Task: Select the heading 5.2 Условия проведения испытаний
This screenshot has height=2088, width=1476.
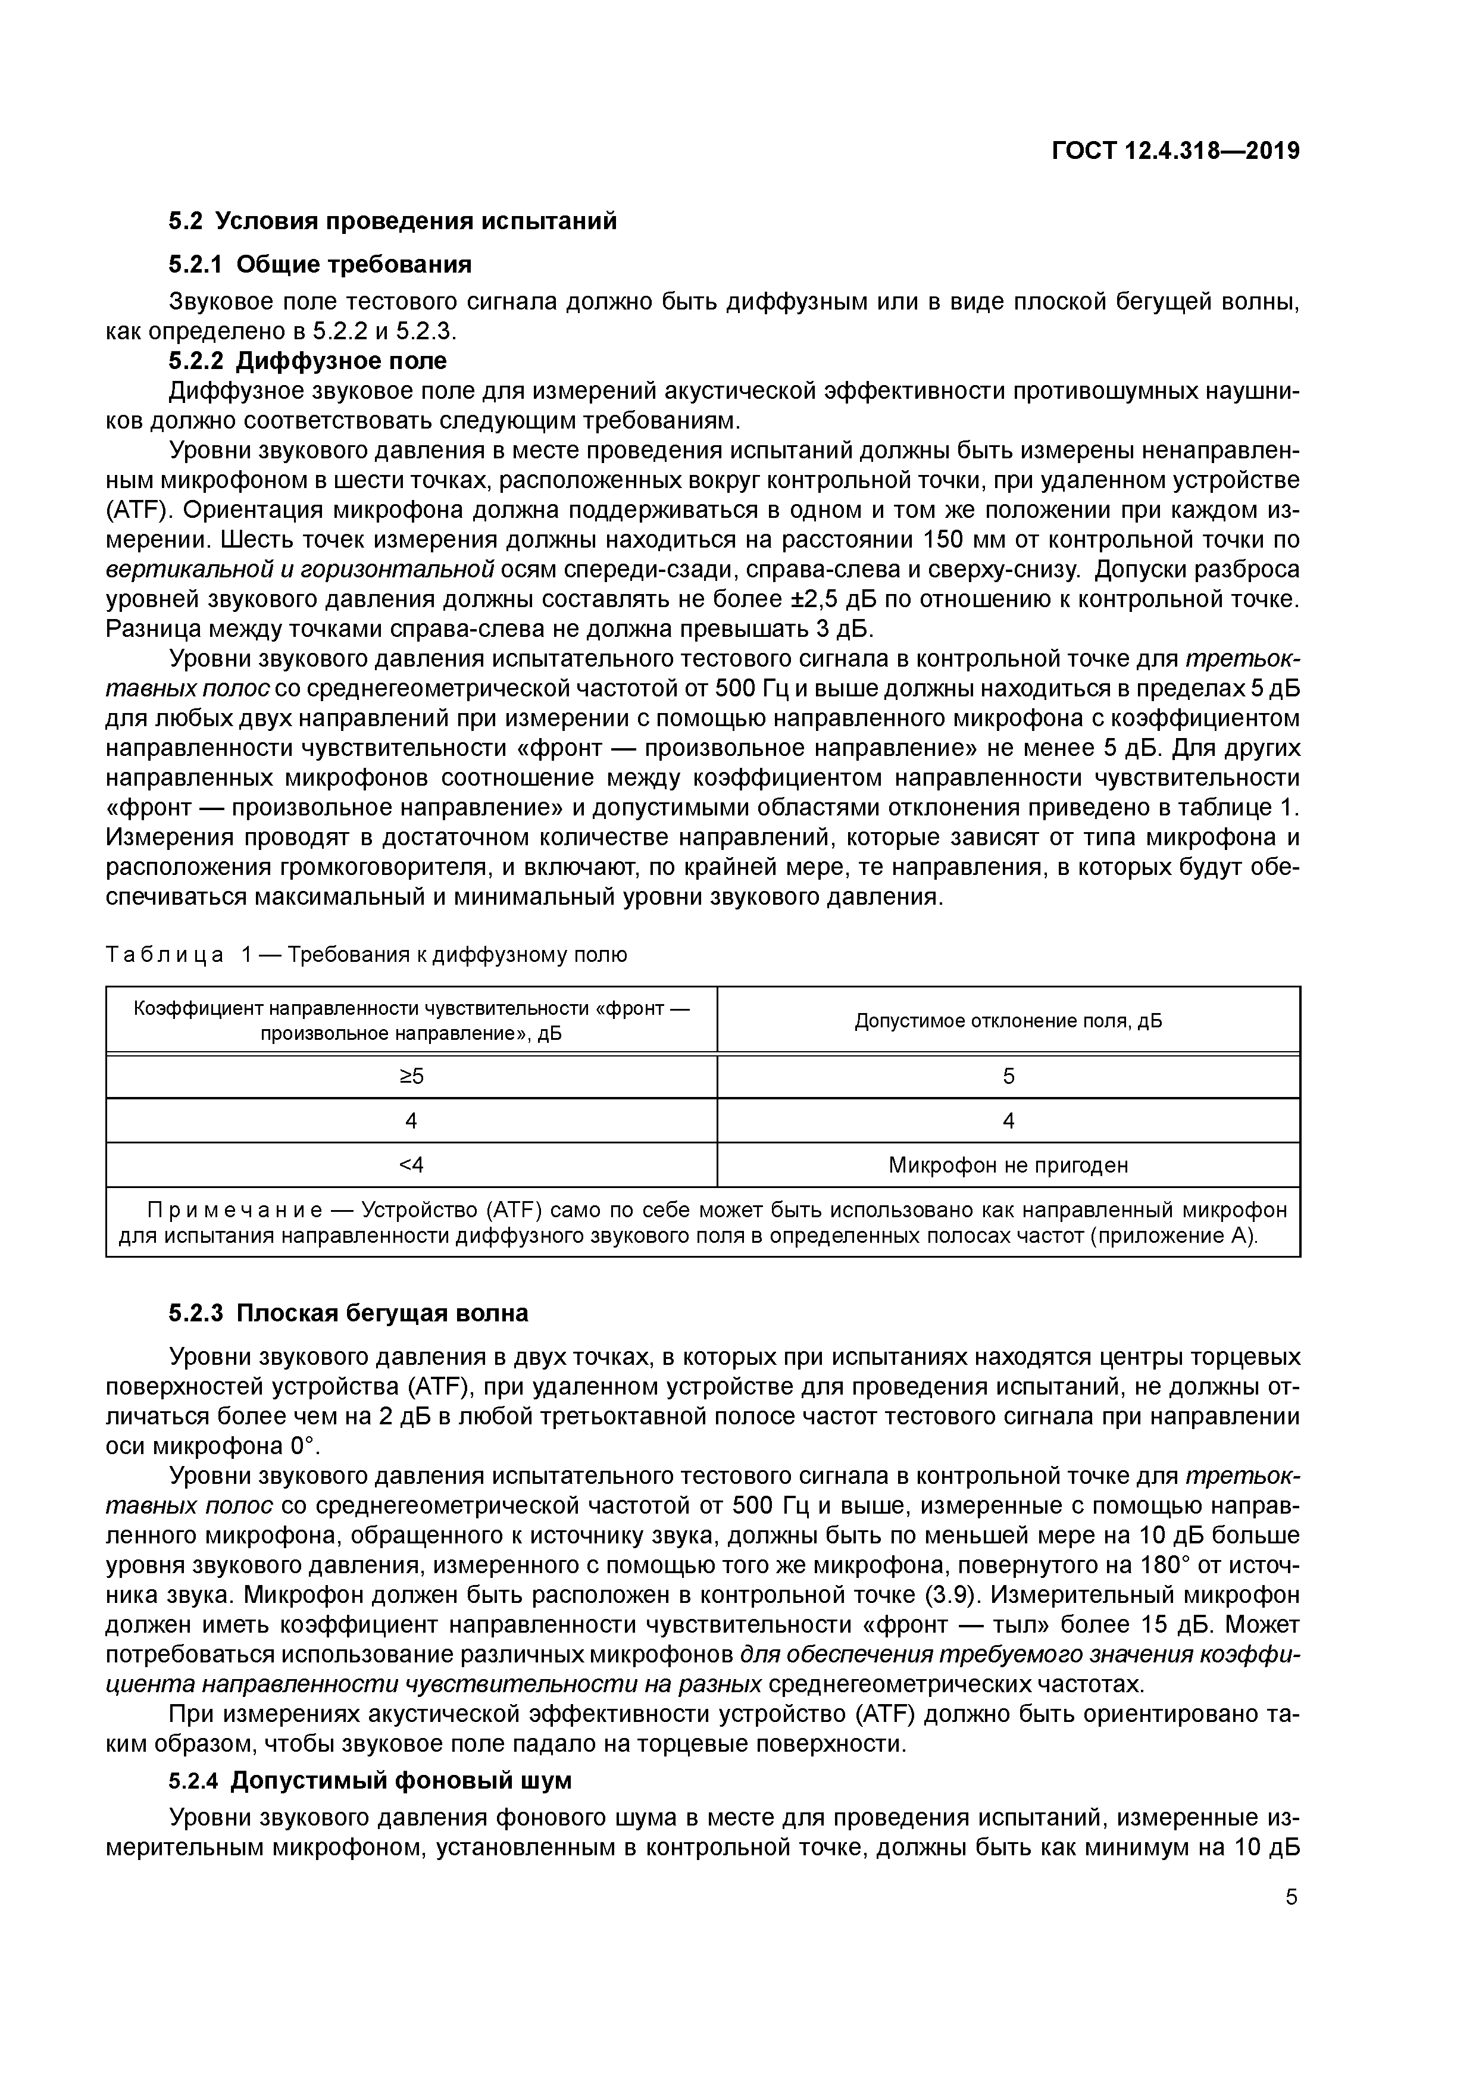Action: [x=392, y=221]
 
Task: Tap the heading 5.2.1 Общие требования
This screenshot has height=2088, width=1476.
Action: [x=320, y=265]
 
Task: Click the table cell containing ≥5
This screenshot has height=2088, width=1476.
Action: [x=411, y=1077]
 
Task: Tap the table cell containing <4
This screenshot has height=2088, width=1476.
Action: [x=411, y=1165]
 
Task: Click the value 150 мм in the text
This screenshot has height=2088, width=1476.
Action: [x=962, y=540]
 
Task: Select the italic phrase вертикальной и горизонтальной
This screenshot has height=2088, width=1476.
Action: [x=300, y=570]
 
